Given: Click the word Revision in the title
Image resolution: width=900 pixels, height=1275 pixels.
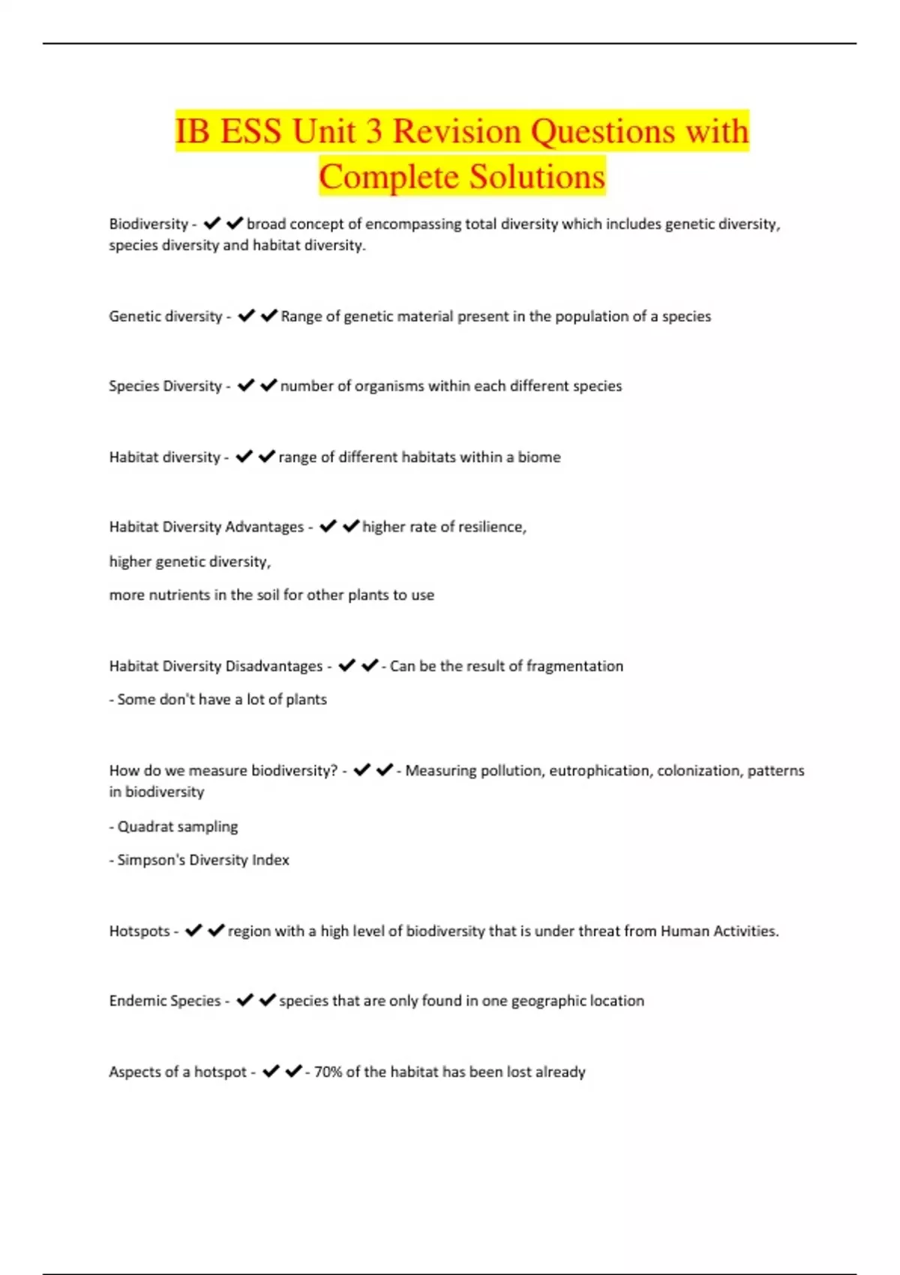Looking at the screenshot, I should pos(457,131).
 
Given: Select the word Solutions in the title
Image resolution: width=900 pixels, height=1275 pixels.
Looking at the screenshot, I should pos(537,177).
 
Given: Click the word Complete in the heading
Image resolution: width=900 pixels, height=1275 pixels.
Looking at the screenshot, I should pos(389,177).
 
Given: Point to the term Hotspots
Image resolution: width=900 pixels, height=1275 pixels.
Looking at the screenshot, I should pos(139,931).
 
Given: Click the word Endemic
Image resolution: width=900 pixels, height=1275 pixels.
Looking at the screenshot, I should pos(136,1000).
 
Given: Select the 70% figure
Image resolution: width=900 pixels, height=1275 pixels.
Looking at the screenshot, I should pos(327,1072).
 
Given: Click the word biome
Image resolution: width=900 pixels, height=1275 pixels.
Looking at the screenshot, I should pos(539,457).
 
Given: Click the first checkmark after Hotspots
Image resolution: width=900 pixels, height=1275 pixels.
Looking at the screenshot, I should pos(193,931).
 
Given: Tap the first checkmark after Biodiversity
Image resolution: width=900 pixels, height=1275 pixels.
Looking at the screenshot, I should pos(212,223).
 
